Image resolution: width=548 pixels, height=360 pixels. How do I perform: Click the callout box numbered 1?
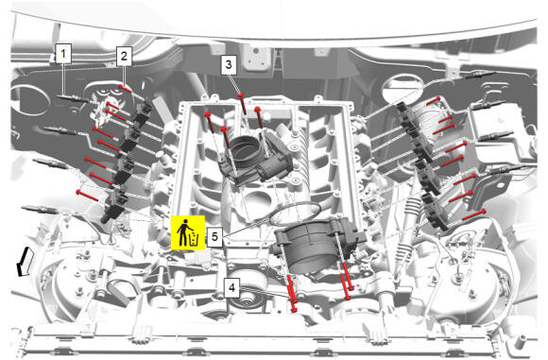pyautogui.click(x=63, y=54)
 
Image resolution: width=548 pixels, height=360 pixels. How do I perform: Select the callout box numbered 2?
pyautogui.click(x=124, y=56)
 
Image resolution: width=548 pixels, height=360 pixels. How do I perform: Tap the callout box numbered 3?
pyautogui.click(x=229, y=64)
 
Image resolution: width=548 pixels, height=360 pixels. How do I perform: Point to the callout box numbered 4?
pyautogui.click(x=231, y=287)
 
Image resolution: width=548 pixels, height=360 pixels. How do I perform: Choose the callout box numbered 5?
pyautogui.click(x=214, y=236)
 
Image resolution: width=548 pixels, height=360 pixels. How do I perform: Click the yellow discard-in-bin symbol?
pyautogui.click(x=188, y=232)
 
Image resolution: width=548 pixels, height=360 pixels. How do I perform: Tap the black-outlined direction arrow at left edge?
pyautogui.click(x=26, y=261)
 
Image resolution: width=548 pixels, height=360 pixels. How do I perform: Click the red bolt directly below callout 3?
pyautogui.click(x=243, y=103)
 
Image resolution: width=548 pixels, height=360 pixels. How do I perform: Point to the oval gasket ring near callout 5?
pyautogui.click(x=295, y=214)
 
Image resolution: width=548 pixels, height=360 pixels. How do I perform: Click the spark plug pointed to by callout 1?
pyautogui.click(x=73, y=98)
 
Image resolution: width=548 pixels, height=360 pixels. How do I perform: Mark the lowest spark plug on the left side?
pyautogui.click(x=39, y=210)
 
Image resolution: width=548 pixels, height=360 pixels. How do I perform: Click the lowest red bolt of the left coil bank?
pyautogui.click(x=87, y=195)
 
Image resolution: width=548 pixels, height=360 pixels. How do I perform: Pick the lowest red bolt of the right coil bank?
pyautogui.click(x=474, y=214)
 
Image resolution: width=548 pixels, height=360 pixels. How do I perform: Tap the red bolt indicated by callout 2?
pyautogui.click(x=125, y=89)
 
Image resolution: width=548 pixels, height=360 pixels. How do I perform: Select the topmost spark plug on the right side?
pyautogui.click(x=481, y=75)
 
